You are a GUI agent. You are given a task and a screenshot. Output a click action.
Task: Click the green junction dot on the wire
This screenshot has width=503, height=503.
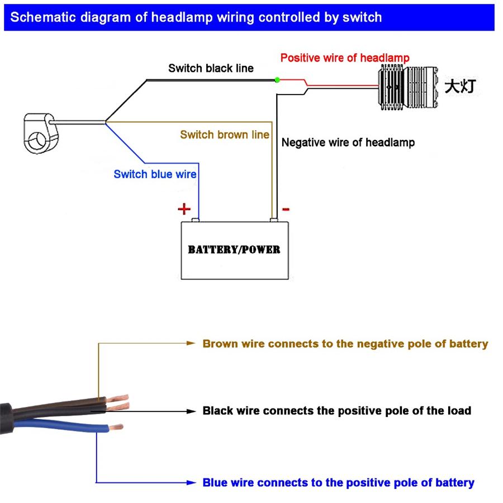277,80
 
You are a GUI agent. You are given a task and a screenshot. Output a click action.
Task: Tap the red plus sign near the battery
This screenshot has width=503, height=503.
184,209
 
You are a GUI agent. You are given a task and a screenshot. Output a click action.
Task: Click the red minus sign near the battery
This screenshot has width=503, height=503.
286,210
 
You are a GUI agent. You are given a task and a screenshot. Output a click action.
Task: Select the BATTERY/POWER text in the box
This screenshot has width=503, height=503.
234,249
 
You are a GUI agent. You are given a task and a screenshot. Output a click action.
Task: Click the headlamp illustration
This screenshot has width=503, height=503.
406,86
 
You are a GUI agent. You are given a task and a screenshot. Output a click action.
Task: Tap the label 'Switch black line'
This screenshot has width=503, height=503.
211,68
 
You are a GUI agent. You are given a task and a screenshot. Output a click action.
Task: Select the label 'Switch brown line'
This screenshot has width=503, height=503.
224,135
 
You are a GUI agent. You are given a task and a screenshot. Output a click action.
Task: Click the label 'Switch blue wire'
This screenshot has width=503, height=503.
155,174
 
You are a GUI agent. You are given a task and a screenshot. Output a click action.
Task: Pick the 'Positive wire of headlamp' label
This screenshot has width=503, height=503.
345,58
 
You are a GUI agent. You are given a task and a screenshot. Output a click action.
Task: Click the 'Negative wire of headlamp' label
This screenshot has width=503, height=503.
348,143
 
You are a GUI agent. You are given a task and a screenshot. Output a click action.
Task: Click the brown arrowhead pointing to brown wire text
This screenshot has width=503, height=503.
191,343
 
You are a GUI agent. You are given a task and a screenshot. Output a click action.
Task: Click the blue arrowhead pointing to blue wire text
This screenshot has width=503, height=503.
191,482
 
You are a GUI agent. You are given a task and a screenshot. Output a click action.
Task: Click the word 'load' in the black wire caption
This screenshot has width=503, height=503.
458,411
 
